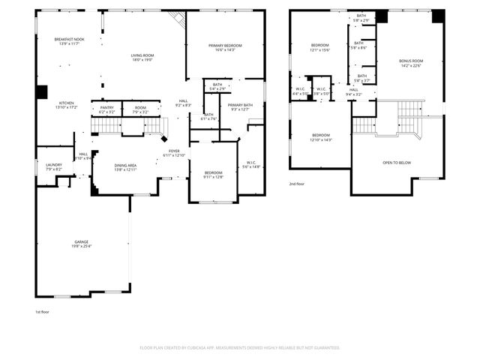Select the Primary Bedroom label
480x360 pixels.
(225, 46)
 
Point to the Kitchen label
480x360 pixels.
(67, 103)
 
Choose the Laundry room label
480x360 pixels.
(53, 165)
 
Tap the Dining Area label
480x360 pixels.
(125, 166)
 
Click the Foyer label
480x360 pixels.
(173, 151)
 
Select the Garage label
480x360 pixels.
(81, 242)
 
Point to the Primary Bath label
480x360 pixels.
(241, 105)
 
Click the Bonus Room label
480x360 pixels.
(411, 61)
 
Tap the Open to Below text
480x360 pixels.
(397, 163)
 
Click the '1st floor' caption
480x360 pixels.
(43, 312)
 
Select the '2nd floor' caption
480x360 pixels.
(297, 184)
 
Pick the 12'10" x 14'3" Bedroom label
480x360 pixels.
(320, 138)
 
